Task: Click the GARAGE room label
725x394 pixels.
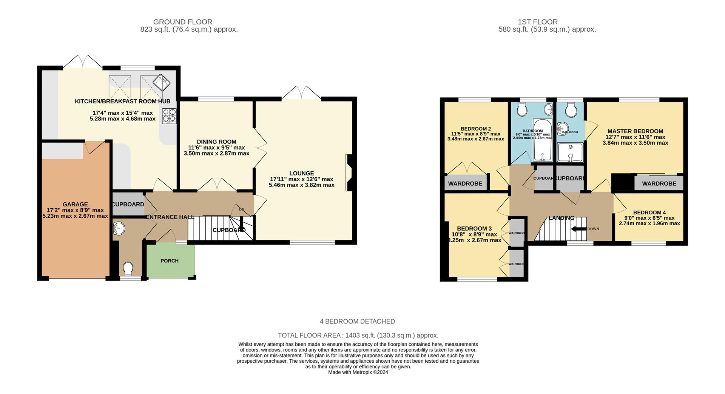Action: click(75, 204)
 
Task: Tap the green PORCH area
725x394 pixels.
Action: click(170, 261)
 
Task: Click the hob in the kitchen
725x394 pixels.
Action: click(169, 116)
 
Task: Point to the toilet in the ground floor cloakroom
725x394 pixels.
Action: click(128, 269)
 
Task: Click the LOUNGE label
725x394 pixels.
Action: click(301, 173)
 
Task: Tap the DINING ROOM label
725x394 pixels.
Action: click(216, 142)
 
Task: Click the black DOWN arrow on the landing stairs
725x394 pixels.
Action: click(578, 229)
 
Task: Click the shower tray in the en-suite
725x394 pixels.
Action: click(570, 152)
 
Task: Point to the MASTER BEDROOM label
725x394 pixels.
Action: click(635, 131)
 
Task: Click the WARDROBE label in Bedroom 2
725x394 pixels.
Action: click(465, 183)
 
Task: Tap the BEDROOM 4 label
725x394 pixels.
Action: click(649, 212)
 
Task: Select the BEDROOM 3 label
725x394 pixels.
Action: click(474, 228)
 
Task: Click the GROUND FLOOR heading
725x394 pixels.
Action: click(183, 22)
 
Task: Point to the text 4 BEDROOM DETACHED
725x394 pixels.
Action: click(357, 321)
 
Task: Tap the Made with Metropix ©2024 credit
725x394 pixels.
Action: click(358, 372)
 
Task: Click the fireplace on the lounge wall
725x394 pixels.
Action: click(349, 173)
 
